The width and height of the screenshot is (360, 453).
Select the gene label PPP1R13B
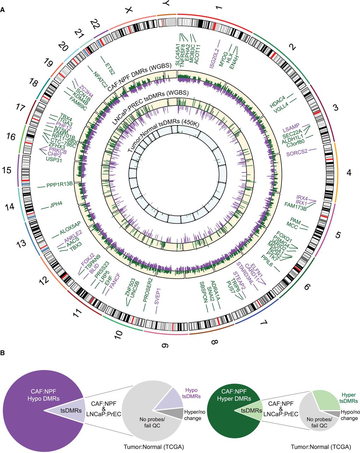[60, 184]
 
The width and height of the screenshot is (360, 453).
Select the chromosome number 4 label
[349, 173]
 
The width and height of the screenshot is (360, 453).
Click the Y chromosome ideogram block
[167, 22]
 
